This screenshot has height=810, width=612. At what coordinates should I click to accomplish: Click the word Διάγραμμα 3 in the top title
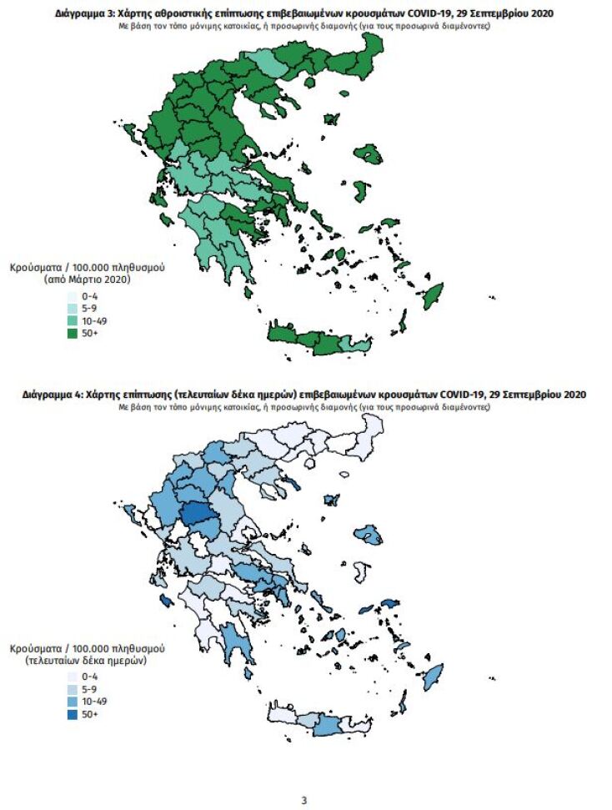click(85, 14)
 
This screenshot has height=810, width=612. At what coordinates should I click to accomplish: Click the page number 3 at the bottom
click(303, 800)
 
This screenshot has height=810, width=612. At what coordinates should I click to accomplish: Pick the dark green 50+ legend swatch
click(73, 334)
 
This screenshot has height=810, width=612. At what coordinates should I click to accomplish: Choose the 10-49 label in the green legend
click(94, 321)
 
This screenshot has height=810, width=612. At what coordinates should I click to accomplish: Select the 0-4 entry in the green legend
click(90, 296)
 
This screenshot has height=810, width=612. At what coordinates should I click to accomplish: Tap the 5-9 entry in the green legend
click(90, 309)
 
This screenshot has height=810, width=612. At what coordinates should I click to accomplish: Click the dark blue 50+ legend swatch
click(73, 715)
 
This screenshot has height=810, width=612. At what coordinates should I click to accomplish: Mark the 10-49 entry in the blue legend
click(94, 702)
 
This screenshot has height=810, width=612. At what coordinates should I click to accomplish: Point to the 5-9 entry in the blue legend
click(90, 690)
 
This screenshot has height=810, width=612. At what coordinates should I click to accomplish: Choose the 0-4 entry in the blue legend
click(90, 677)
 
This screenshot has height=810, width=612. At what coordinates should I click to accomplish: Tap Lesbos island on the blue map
click(367, 535)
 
